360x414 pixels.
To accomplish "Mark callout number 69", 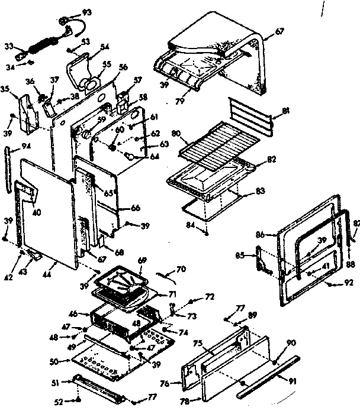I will pos(142,261).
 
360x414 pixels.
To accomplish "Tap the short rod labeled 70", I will pos(168,274).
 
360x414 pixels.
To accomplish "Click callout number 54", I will pos(105,47).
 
